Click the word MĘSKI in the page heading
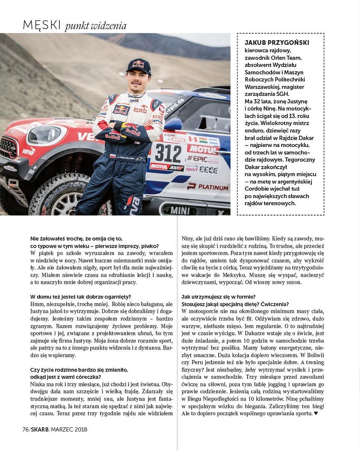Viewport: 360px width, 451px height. [x=42, y=25]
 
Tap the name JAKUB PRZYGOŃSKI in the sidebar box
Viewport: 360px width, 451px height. [x=277, y=43]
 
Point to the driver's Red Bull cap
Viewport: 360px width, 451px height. [x=138, y=66]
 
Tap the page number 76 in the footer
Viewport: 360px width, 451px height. [x=26, y=429]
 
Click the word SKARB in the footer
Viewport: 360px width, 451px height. [x=39, y=429]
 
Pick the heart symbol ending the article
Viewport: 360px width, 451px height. [x=316, y=413]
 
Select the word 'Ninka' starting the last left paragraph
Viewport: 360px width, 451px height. [x=37, y=384]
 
